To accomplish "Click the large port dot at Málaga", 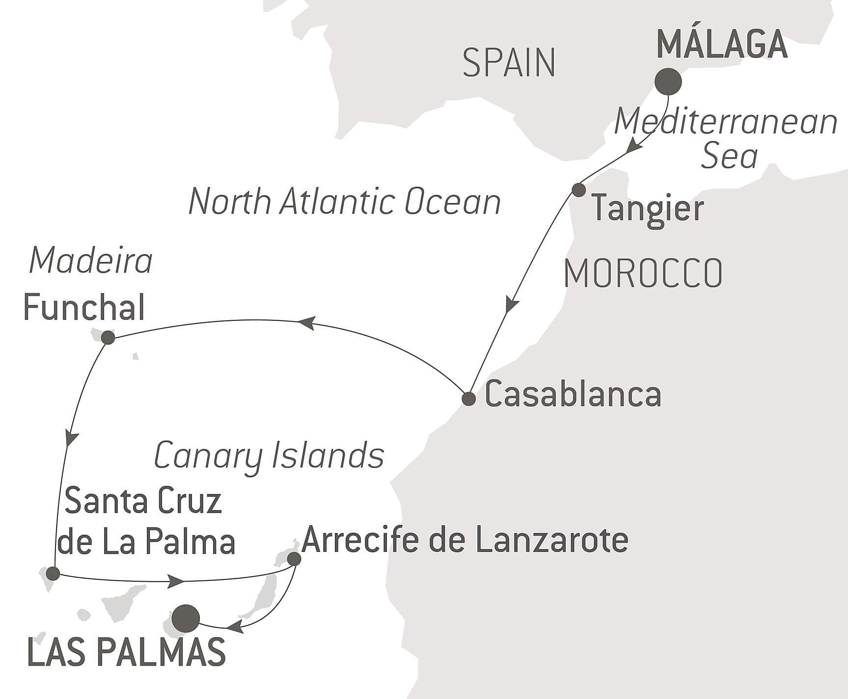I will coord(668,81).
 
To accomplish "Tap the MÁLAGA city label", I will coord(722,45).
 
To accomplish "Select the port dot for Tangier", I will coord(579,190).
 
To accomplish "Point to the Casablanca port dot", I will coord(469,398).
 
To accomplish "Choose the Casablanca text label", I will coord(573,395).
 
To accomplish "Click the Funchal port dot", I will coord(108,337).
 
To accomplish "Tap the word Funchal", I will coord(84,308).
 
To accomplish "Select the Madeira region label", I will coord(91,261).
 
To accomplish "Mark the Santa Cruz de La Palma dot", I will coord(53,573).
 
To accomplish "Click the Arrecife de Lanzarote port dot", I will coord(294,559).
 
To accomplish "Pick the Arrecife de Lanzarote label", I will coord(465,540).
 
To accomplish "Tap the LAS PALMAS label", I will coord(127,652).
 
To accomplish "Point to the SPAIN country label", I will coord(509,63).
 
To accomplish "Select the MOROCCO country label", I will coord(643,273).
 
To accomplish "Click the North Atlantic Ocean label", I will coord(345,202).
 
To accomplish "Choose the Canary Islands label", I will coord(269,456).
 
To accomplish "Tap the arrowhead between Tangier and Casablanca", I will coord(511,304).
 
